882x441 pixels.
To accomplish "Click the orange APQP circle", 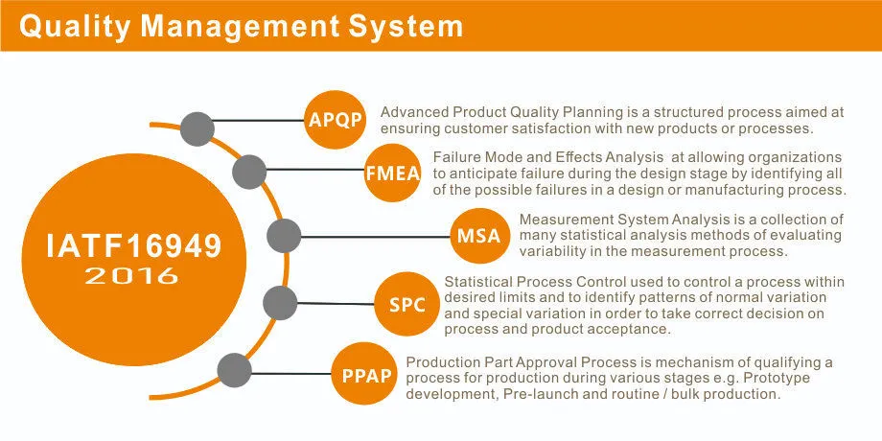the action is tap(336, 120).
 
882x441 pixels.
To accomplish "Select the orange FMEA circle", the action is tap(393, 173).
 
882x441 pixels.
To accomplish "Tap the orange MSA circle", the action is tap(479, 236).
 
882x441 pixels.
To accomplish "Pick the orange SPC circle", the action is tap(406, 305).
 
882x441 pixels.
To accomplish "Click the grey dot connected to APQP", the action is tap(197, 128).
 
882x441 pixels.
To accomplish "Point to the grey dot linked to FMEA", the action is tap(249, 172).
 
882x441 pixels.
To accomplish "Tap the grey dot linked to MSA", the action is tap(284, 236).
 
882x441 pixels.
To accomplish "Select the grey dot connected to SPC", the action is tap(280, 303).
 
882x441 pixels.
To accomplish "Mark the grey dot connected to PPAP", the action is tap(235, 371).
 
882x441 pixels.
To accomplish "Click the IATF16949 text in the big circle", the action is tap(134, 245).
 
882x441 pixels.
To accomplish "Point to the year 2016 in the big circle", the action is tap(131, 276).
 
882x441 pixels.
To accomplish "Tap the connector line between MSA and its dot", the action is tap(375, 236).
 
